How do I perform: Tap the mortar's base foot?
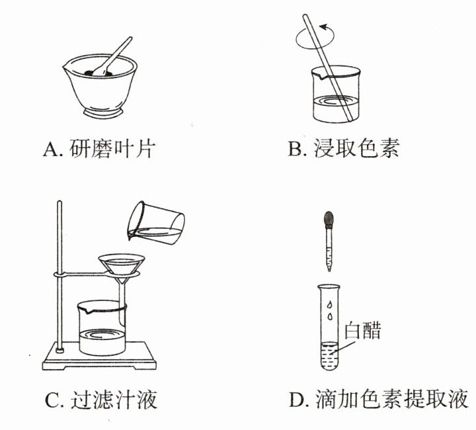coord(104,112)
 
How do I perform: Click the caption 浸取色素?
coord(356,149)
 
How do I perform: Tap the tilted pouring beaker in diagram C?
coord(156,224)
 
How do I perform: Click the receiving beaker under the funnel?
coord(102,328)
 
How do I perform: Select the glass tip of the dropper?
coord(329,267)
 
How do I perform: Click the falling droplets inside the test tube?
coord(329,310)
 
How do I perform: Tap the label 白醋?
coord(362,330)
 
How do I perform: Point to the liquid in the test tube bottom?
coord(329,356)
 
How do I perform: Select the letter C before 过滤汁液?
coord(52,400)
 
